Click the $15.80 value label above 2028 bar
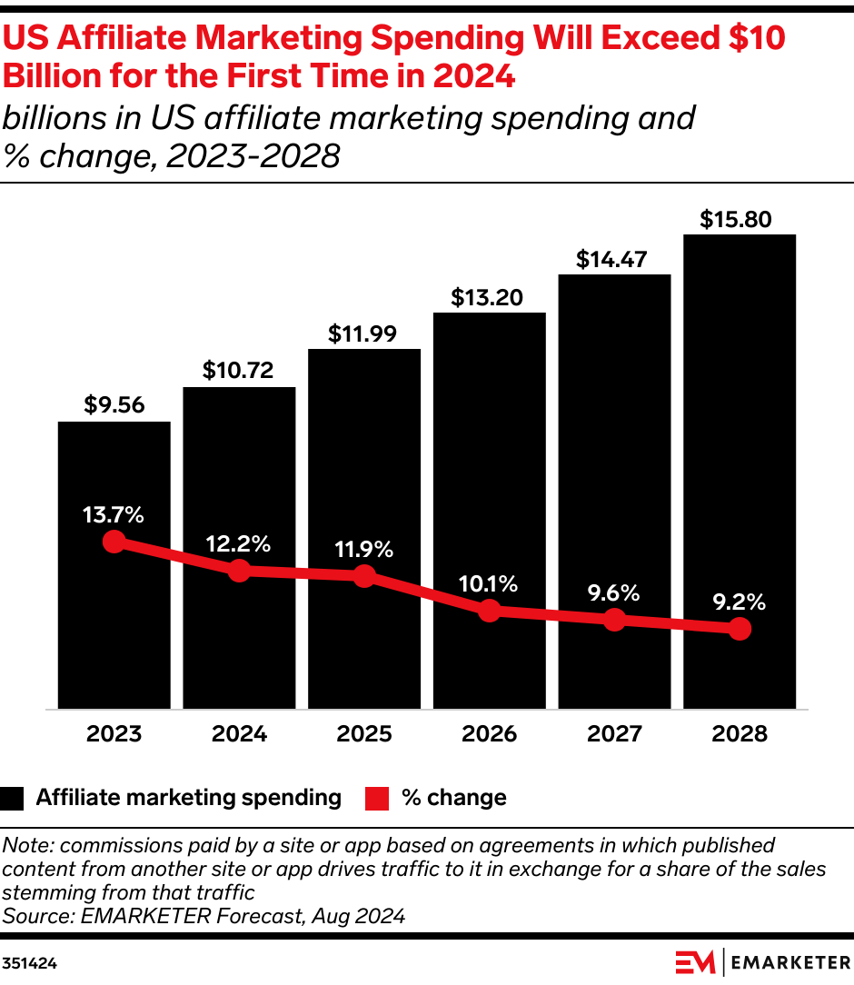click(x=740, y=219)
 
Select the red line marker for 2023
click(x=114, y=542)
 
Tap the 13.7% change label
click(x=114, y=514)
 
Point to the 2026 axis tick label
click(x=490, y=733)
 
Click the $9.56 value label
click(x=114, y=405)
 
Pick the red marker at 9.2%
click(x=740, y=628)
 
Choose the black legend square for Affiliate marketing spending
click(x=13, y=798)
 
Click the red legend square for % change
click(x=376, y=798)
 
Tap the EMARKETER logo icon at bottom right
click(x=695, y=961)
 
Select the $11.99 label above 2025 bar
click(x=363, y=333)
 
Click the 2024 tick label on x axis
click(x=239, y=733)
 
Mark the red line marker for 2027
click(x=614, y=620)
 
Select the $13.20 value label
click(x=490, y=297)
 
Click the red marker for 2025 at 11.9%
click(x=364, y=576)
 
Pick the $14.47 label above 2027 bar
click(x=614, y=259)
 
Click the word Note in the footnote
click(x=24, y=845)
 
